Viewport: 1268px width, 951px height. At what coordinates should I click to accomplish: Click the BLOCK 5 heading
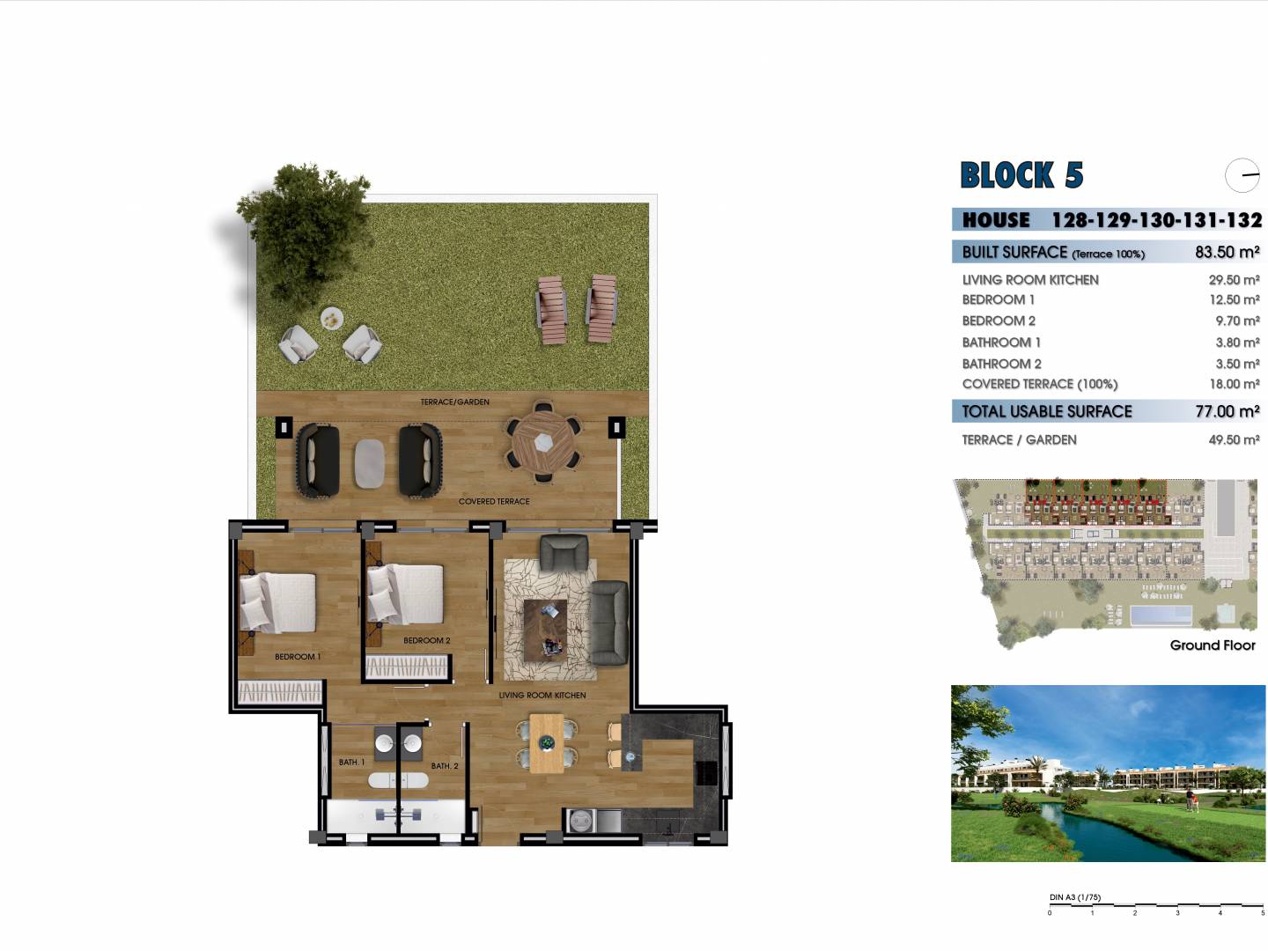[x=1021, y=175]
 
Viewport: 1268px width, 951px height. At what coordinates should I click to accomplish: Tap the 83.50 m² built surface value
[x=1227, y=253]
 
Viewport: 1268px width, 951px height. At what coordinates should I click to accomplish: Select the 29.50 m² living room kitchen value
[x=1234, y=280]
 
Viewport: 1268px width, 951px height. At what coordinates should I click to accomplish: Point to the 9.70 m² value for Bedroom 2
[x=1237, y=321]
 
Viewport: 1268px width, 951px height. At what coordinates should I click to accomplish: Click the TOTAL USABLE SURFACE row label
[x=1047, y=411]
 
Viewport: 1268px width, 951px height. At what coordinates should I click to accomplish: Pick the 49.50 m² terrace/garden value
[x=1234, y=440]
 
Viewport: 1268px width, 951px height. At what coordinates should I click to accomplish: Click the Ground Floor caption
[x=1213, y=645]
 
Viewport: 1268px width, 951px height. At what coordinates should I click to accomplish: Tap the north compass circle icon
[x=1242, y=175]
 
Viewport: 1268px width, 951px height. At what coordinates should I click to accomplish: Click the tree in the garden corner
[x=305, y=231]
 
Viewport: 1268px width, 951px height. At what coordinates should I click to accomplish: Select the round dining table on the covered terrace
[x=543, y=443]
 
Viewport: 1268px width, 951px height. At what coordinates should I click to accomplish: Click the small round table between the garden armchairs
[x=332, y=318]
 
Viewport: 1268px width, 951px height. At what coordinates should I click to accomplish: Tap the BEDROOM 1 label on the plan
[x=298, y=657]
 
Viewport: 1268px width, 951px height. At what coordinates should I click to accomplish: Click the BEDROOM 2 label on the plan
[x=426, y=640]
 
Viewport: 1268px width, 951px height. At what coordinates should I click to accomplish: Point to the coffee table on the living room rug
[x=545, y=630]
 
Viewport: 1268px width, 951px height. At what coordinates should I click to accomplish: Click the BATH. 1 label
[x=351, y=763]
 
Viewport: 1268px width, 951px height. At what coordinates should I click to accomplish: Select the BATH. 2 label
[x=444, y=766]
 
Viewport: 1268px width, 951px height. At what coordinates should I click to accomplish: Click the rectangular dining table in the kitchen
[x=547, y=744]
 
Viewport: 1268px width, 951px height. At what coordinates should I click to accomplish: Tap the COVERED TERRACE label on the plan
[x=494, y=501]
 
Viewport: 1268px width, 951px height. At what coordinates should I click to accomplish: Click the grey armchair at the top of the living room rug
[x=564, y=552]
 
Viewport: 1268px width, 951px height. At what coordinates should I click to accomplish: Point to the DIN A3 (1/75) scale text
[x=1075, y=897]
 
